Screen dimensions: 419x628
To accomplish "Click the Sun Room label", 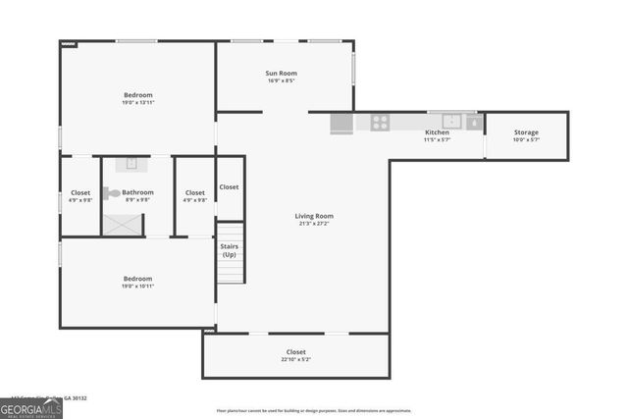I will [x=281, y=73].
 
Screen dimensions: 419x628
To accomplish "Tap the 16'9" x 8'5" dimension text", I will [x=281, y=81].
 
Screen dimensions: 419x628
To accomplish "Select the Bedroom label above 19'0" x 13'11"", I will [x=137, y=95].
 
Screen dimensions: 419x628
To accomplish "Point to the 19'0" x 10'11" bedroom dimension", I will [x=137, y=288].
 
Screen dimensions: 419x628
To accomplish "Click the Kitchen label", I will [x=437, y=132].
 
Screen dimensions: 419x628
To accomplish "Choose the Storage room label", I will [x=527, y=132].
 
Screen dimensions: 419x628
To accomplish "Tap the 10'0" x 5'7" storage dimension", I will [x=527, y=140].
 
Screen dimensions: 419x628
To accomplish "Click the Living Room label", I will [x=314, y=216].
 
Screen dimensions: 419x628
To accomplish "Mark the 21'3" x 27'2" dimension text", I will [x=314, y=224].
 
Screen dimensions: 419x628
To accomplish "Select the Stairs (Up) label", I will [x=229, y=250].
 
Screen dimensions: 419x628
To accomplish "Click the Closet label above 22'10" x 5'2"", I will [x=295, y=351].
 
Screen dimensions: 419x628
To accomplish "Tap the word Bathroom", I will [x=137, y=192].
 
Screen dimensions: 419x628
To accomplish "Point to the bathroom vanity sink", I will [x=128, y=164].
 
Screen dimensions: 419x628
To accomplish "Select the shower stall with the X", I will [x=123, y=224].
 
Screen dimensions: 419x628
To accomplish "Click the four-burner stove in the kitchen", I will [x=379, y=123].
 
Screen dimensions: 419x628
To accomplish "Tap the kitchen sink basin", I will [x=452, y=122].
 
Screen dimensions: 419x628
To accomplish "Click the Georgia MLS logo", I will [x=31, y=405].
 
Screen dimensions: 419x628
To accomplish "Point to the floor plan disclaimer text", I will [x=313, y=410].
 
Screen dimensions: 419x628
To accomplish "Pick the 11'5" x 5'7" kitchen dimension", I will [x=437, y=140].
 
